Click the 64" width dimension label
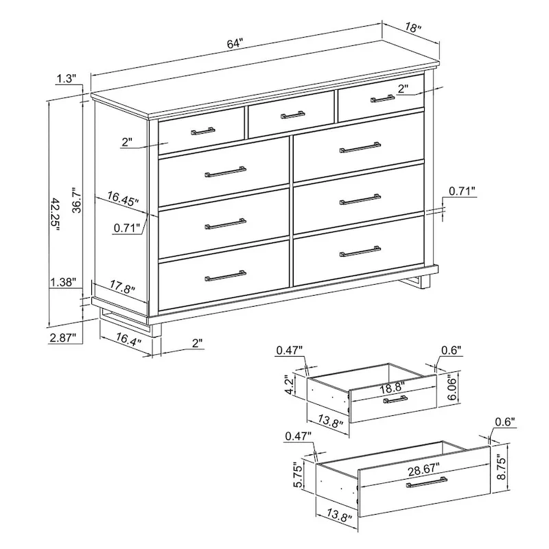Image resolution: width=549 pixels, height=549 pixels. point(235,43)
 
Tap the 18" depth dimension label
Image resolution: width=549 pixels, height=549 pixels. point(412,29)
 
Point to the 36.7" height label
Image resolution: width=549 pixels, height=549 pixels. point(77,197)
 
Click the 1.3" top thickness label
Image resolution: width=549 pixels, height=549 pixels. point(66,79)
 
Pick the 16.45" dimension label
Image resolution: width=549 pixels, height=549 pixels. point(123,199)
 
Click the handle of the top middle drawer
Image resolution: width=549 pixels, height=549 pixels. point(293,115)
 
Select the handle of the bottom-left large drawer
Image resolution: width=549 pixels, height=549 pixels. point(225,275)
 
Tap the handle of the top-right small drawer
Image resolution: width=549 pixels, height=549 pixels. point(383,98)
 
